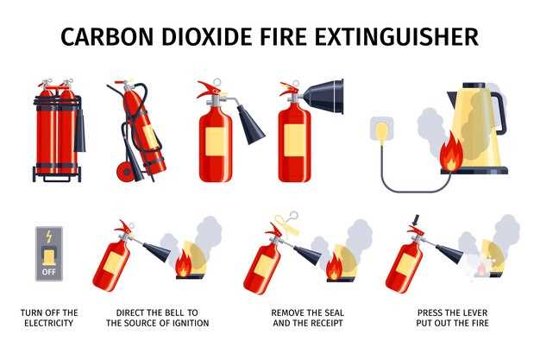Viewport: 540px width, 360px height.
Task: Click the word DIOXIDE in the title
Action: [x=207, y=36]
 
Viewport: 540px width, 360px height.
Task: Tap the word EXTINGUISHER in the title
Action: [x=397, y=36]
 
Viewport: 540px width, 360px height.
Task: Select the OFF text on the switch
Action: [x=48, y=272]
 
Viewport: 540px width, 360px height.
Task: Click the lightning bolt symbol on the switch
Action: [x=49, y=237]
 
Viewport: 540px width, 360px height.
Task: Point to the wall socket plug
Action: [x=381, y=131]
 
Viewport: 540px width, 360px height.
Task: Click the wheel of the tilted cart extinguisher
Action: [x=126, y=172]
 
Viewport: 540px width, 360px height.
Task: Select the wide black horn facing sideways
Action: [x=323, y=97]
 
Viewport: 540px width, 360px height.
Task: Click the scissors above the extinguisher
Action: [x=286, y=223]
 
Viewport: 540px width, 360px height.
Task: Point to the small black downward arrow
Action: [x=416, y=219]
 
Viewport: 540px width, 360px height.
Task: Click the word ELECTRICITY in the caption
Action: [x=49, y=323]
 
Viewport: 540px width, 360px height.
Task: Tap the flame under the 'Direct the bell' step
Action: [x=183, y=263]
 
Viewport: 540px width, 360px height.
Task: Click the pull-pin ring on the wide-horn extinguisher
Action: [x=296, y=84]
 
